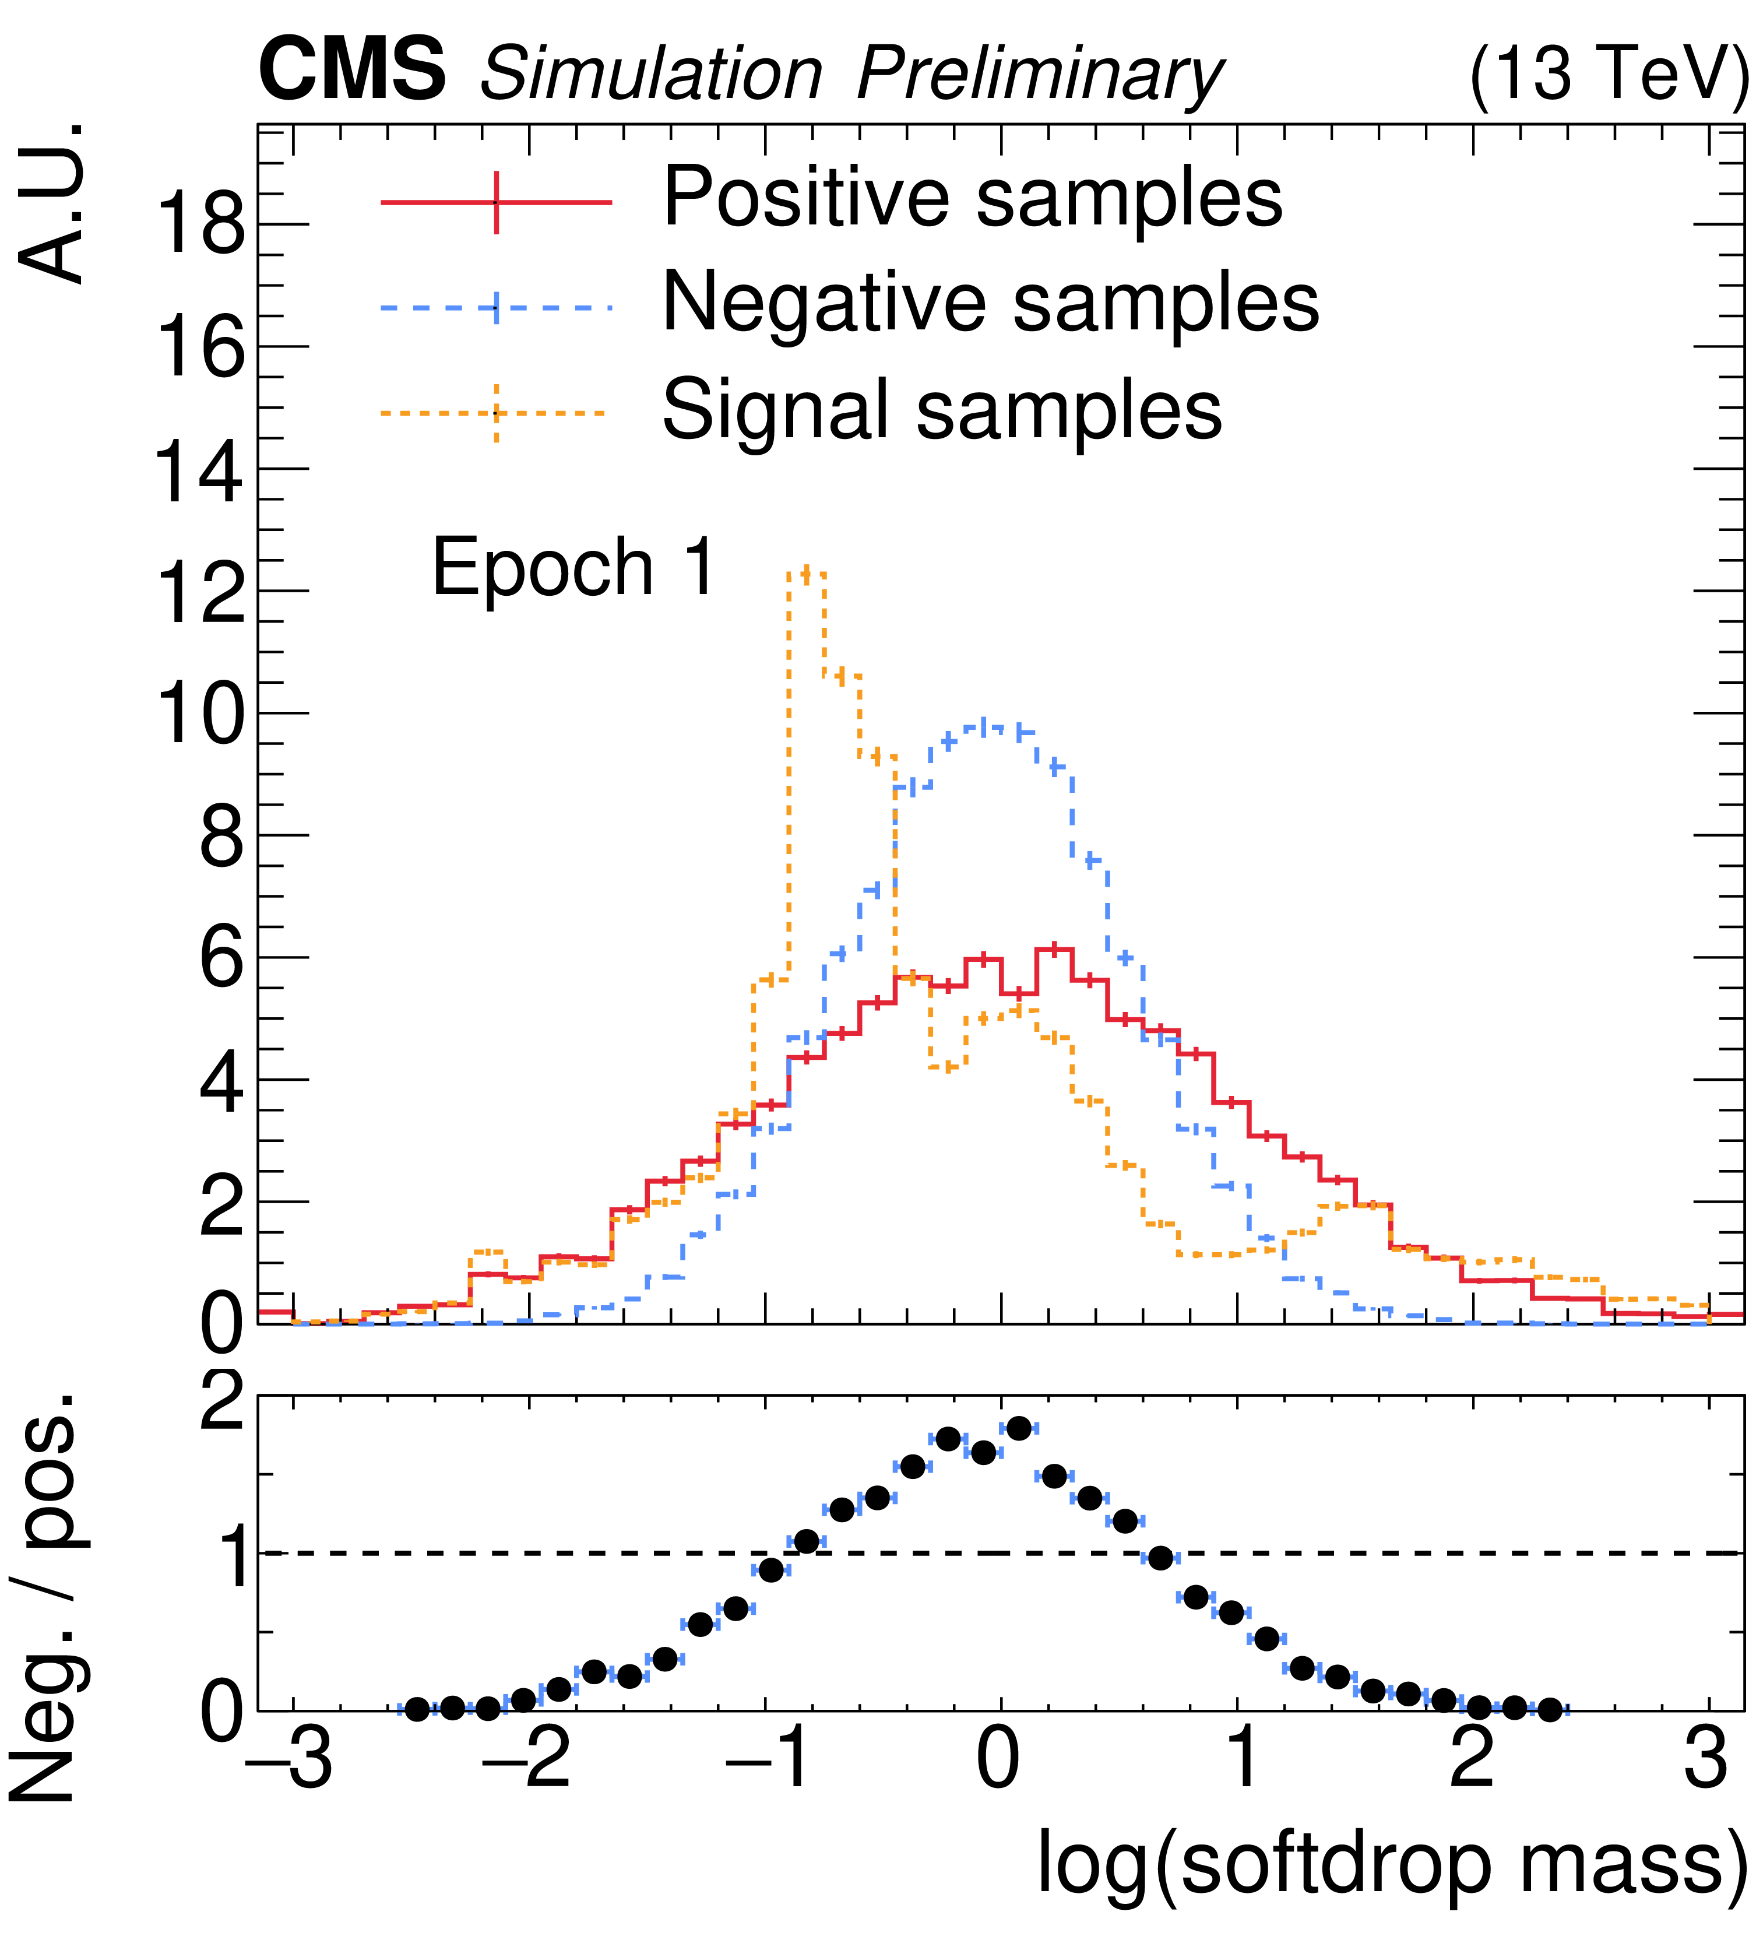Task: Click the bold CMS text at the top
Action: pyautogui.click(x=351, y=69)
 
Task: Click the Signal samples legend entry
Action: pyautogui.click(x=942, y=410)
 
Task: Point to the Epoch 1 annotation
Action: pyautogui.click(x=573, y=567)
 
